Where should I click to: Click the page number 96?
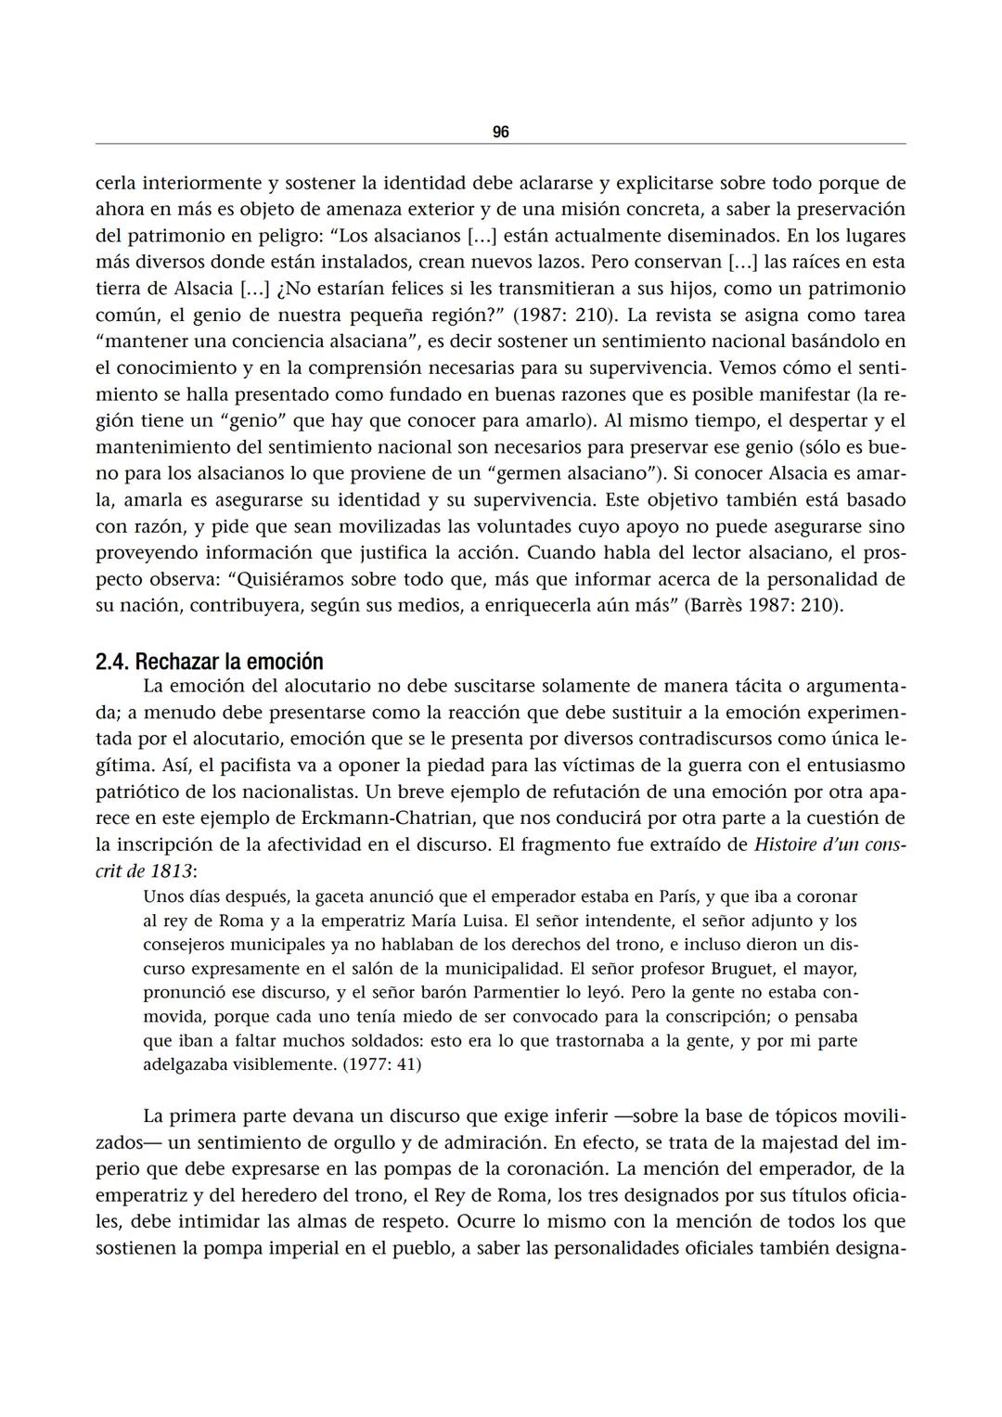(500, 132)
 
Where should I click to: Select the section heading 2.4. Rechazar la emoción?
(210, 662)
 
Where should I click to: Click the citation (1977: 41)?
(381, 1063)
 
